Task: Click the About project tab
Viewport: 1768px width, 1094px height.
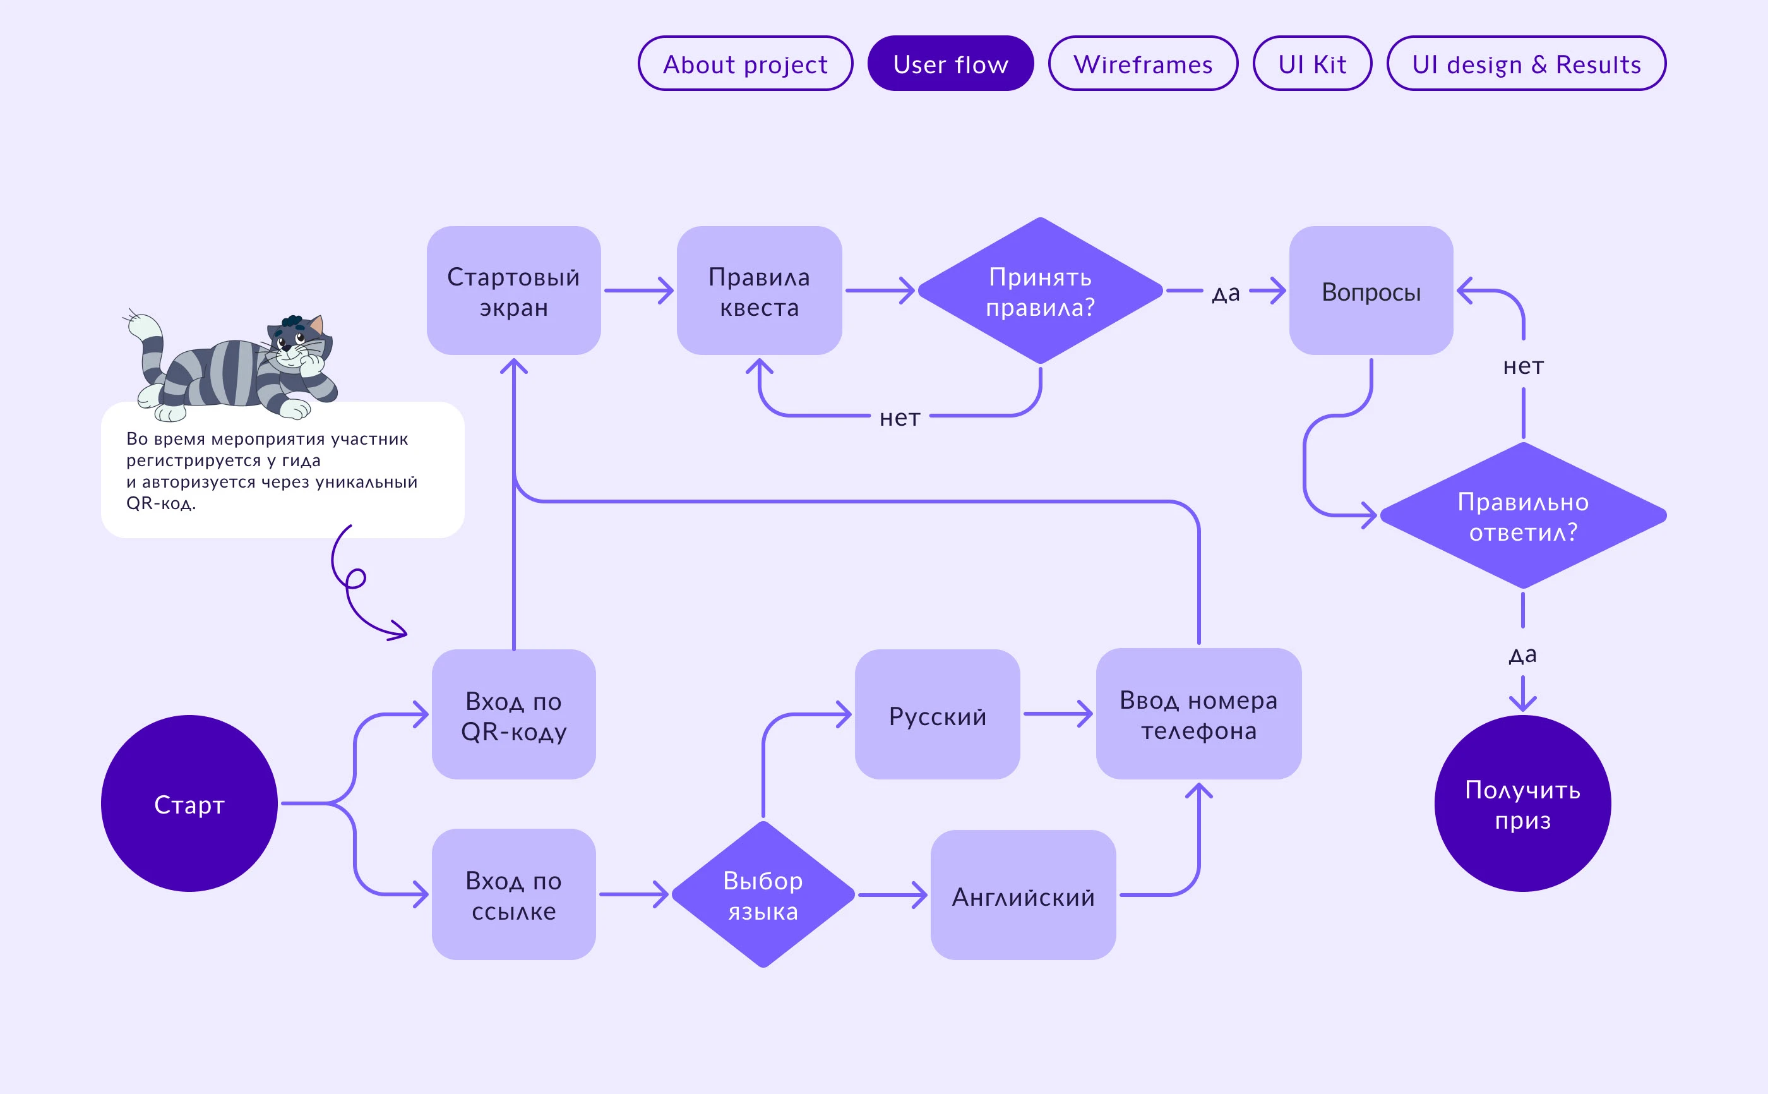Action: click(x=745, y=64)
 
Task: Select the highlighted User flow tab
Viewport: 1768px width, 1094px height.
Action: click(x=950, y=64)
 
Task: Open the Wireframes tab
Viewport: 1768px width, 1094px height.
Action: click(x=1142, y=64)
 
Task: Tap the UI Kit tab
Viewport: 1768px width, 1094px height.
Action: click(x=1311, y=64)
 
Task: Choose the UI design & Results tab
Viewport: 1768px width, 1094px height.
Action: click(x=1526, y=64)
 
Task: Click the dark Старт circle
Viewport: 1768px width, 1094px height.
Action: click(x=189, y=803)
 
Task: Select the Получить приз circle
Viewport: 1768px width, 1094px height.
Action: click(x=1523, y=803)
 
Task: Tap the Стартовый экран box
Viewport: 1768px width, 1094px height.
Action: click(x=513, y=290)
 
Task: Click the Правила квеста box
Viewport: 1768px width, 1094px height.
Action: click(x=759, y=290)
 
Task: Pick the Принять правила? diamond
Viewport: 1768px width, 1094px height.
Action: click(x=1040, y=290)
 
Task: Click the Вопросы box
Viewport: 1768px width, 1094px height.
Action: click(x=1371, y=290)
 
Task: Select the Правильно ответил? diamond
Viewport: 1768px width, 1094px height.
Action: click(x=1523, y=515)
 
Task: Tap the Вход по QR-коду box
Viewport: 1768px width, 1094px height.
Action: click(x=513, y=714)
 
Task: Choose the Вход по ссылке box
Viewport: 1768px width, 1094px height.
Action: click(x=513, y=894)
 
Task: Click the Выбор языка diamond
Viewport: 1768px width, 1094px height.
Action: click(x=763, y=894)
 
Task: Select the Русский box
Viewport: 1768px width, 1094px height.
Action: click(x=937, y=714)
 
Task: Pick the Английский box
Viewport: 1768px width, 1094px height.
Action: click(x=1023, y=895)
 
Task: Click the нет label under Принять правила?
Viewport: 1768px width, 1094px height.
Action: click(x=900, y=418)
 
